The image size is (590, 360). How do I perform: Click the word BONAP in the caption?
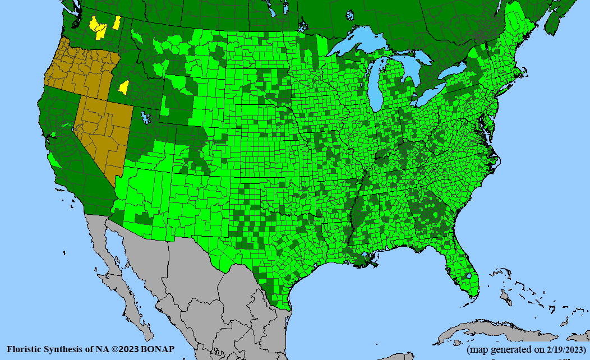(156, 349)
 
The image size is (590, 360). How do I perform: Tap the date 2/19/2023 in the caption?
(557, 349)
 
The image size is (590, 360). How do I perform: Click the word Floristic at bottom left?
(25, 349)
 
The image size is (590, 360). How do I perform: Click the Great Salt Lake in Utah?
(146, 118)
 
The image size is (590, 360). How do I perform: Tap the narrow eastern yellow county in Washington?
(117, 22)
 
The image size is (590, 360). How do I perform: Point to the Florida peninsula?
(465, 269)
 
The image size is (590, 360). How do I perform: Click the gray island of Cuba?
(482, 331)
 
